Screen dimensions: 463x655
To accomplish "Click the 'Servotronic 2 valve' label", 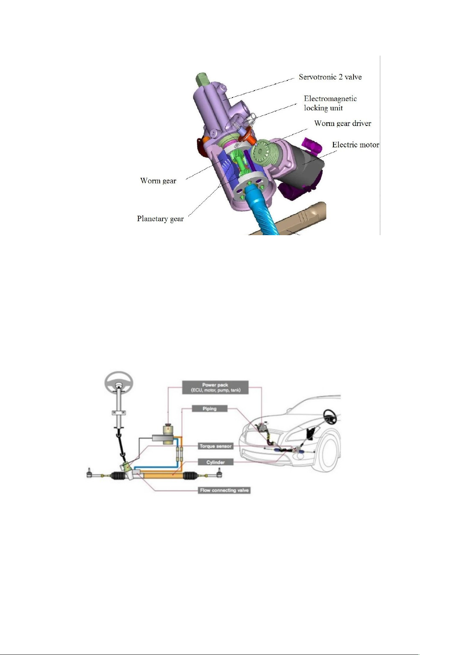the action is coord(330,77).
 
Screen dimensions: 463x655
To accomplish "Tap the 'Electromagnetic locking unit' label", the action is coord(330,103).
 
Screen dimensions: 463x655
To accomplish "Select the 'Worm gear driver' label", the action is coord(343,123).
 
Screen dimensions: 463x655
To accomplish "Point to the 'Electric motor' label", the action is coord(355,145).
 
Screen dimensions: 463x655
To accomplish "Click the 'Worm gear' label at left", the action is coord(158,181).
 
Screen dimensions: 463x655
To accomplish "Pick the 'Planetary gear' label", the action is coord(160,219).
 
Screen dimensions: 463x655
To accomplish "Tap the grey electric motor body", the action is coord(304,167).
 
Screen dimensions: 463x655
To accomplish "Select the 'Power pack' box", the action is coord(215,387).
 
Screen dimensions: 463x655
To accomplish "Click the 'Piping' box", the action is coord(209,409).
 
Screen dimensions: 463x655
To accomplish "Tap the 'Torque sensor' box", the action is coord(216,446).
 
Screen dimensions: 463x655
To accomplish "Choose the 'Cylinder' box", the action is coord(216,462).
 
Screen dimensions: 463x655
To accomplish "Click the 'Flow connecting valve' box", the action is coord(225,490).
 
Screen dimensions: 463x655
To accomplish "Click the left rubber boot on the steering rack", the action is coord(118,476).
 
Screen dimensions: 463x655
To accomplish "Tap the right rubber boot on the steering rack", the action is coord(190,475).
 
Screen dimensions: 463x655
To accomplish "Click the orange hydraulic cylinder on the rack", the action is coord(162,475).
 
